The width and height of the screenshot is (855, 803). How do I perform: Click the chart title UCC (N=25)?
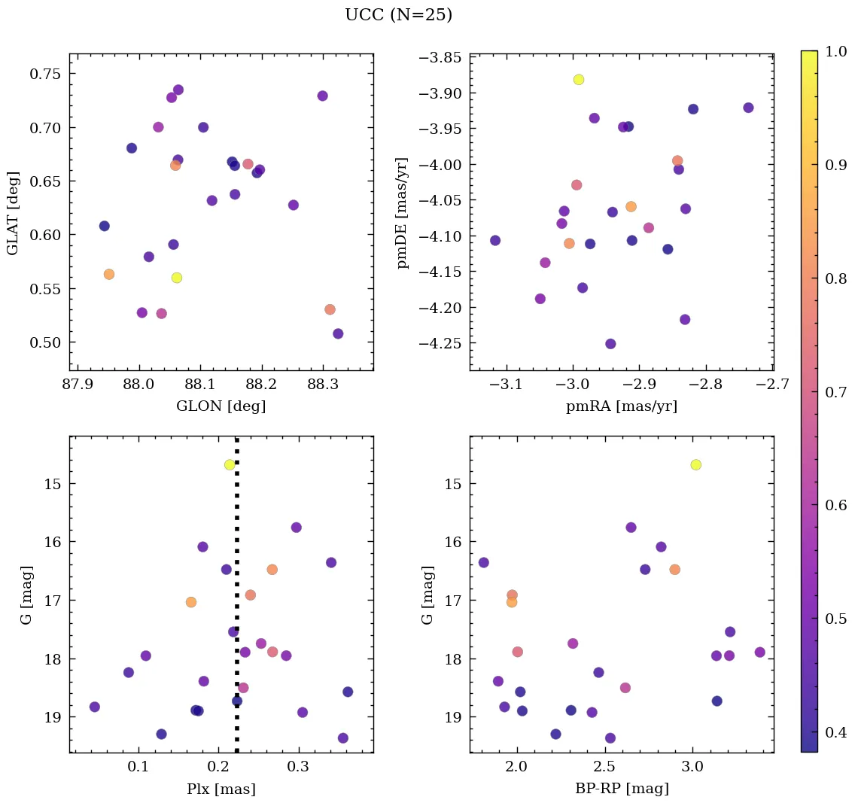(x=398, y=15)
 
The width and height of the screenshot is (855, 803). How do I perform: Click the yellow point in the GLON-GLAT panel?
(x=177, y=278)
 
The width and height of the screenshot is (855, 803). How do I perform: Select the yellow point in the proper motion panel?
(x=578, y=80)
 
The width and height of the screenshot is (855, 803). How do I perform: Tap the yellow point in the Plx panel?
(x=230, y=464)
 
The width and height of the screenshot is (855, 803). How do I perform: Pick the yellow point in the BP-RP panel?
(x=695, y=464)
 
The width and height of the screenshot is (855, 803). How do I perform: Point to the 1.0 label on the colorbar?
(x=835, y=51)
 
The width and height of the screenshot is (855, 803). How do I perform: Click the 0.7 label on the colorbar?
(x=835, y=391)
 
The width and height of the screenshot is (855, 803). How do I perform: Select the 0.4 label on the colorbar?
(x=835, y=732)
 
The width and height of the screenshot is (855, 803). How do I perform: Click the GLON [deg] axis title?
(x=221, y=406)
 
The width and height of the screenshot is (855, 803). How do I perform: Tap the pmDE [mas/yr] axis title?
(x=403, y=212)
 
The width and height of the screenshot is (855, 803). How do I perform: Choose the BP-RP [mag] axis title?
(x=621, y=789)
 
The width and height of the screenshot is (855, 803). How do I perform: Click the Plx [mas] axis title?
(x=221, y=789)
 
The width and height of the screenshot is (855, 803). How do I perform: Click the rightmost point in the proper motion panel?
(x=748, y=108)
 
